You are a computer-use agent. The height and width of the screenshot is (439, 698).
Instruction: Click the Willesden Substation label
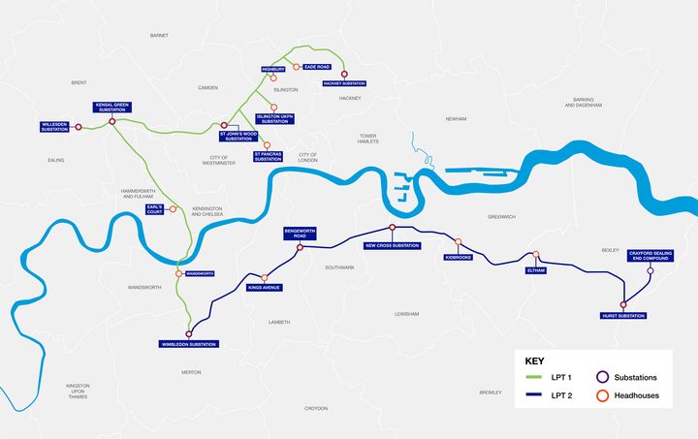[x=55, y=127]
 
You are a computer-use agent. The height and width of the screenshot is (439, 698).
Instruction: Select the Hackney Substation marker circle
[x=344, y=74]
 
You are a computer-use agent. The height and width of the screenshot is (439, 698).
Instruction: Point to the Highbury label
[x=273, y=69]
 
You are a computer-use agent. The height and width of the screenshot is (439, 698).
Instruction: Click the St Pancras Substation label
[x=269, y=155]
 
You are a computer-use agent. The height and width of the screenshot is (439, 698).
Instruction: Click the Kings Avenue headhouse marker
[x=264, y=278]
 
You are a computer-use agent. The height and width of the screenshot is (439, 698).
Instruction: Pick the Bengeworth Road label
[x=300, y=234]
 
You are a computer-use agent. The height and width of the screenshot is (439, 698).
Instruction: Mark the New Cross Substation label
[x=392, y=245]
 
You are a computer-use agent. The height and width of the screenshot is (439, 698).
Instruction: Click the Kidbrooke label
[x=458, y=258]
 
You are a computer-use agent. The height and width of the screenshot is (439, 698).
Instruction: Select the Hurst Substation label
[x=622, y=316]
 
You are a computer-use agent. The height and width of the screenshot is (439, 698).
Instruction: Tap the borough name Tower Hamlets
[x=366, y=138]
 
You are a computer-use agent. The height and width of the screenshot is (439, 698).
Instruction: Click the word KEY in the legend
[x=534, y=357]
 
